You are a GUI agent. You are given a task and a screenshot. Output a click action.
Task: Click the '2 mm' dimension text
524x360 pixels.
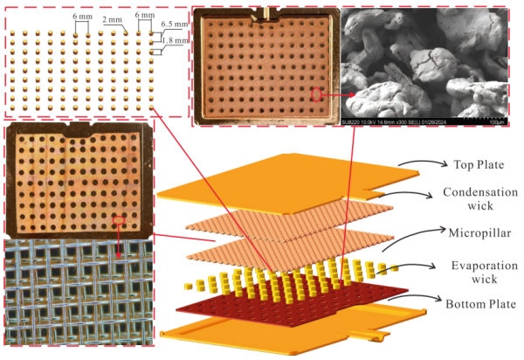click(112, 19)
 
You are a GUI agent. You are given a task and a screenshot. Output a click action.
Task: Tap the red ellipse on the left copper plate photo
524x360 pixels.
click(117, 219)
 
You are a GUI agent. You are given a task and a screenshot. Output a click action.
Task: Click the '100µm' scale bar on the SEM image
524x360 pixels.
click(496, 120)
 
